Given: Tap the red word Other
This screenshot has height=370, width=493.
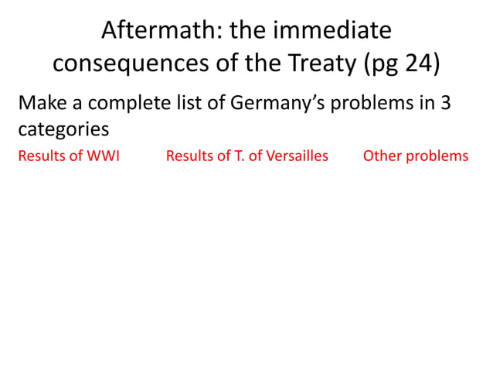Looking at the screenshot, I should [382, 156].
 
